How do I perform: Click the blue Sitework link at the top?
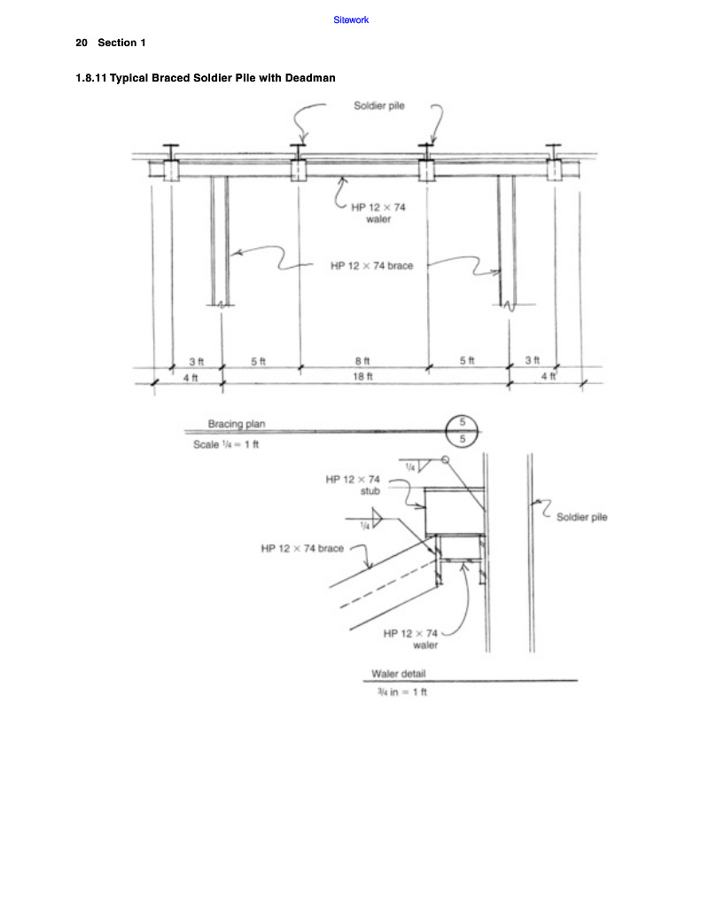pyautogui.click(x=351, y=20)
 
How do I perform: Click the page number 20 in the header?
pyautogui.click(x=82, y=43)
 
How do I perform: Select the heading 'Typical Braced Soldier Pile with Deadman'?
pyautogui.click(x=222, y=78)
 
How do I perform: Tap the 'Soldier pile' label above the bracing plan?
pyautogui.click(x=379, y=106)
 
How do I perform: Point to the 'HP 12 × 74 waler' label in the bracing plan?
pyautogui.click(x=378, y=213)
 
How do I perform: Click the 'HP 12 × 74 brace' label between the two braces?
pyautogui.click(x=371, y=266)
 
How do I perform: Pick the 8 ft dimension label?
pyautogui.click(x=362, y=361)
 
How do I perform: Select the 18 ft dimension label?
pyautogui.click(x=363, y=376)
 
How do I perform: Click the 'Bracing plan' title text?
pyautogui.click(x=236, y=424)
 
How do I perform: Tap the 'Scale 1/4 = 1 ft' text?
pyautogui.click(x=226, y=444)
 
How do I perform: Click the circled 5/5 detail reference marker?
pyautogui.click(x=463, y=431)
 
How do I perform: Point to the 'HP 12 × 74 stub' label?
pyautogui.click(x=353, y=485)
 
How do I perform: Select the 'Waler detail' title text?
pyautogui.click(x=398, y=674)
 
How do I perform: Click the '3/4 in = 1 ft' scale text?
pyautogui.click(x=402, y=692)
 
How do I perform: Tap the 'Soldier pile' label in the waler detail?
pyautogui.click(x=581, y=517)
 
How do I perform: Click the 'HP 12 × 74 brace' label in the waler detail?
pyautogui.click(x=302, y=548)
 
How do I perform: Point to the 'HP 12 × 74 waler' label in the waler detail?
pyautogui.click(x=410, y=638)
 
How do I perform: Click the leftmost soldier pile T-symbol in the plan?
pyautogui.click(x=171, y=152)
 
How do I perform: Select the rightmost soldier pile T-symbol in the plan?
pyautogui.click(x=553, y=152)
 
